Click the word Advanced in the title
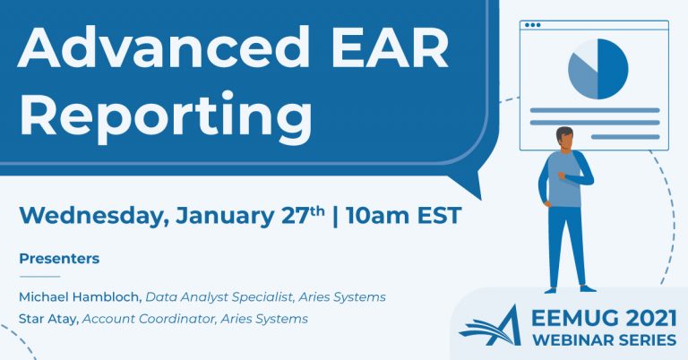163,47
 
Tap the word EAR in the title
390,47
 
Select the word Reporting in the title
166,116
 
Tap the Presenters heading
59,258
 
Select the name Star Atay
48,319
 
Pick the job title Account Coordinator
150,319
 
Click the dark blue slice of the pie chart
613,69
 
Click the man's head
564,138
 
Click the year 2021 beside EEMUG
651,318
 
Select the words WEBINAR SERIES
604,339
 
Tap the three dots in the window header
533,25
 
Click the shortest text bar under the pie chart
625,137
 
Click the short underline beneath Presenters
39,277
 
